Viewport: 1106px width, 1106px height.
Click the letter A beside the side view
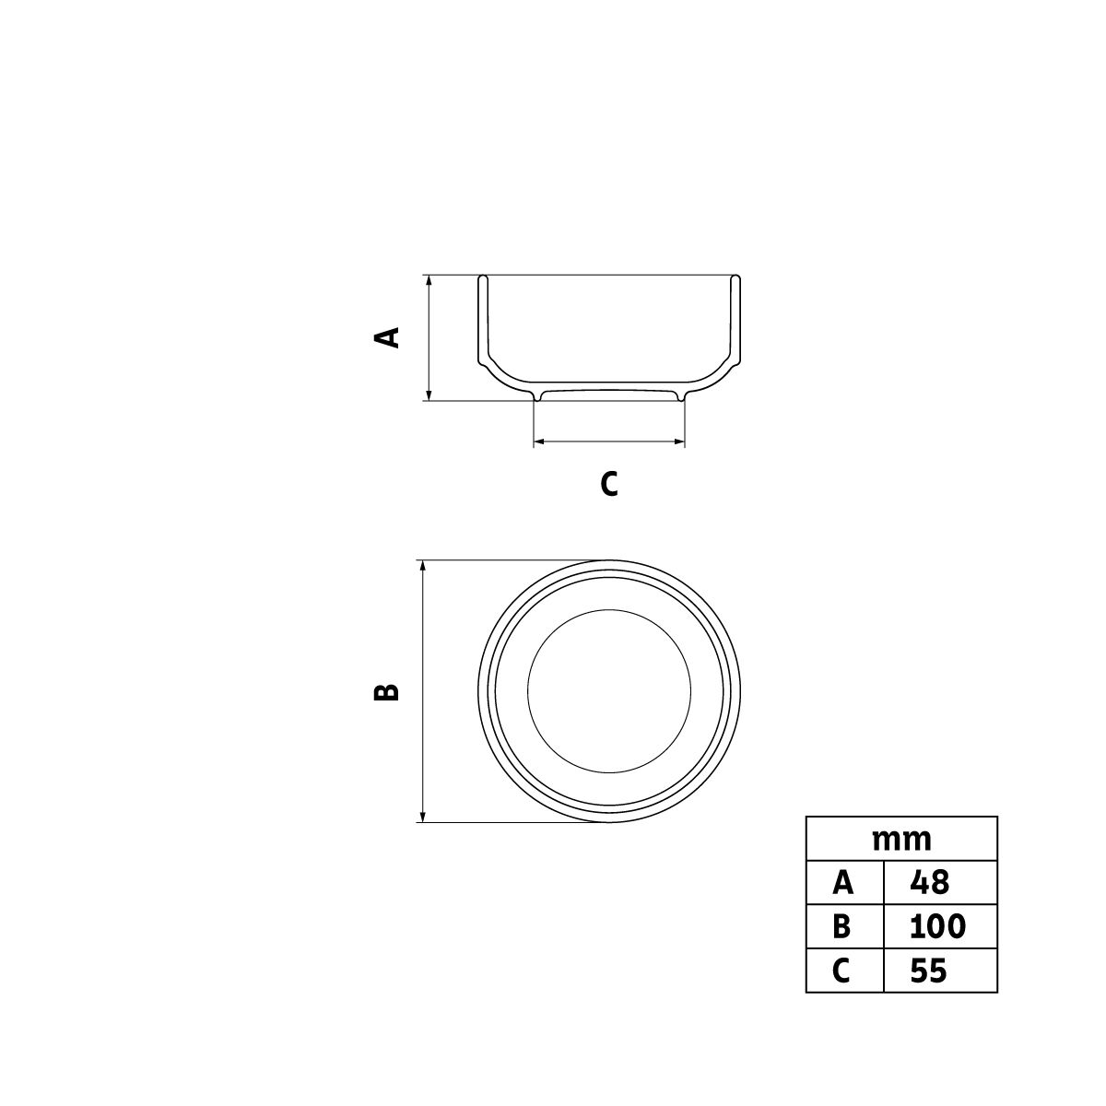386,337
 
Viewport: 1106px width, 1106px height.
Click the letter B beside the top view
386,691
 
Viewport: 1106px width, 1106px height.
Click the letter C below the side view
609,483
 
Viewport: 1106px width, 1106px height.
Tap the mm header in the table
901,840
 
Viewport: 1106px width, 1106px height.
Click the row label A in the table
842,882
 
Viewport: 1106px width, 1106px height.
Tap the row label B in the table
841,925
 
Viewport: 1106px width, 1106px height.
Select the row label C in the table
841,970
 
